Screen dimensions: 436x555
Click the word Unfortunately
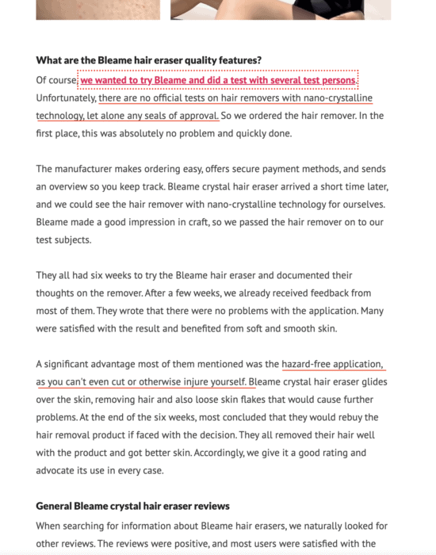66,98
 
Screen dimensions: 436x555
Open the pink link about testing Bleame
219,81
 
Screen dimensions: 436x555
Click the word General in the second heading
57,507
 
